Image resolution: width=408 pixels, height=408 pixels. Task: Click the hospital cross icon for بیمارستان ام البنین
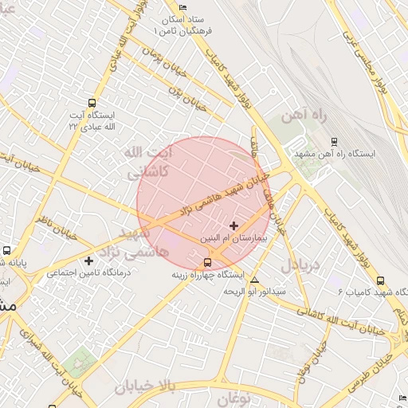coord(233,226)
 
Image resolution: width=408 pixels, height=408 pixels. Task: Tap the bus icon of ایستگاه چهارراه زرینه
coord(208,261)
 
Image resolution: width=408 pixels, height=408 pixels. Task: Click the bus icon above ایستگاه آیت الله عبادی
coord(93,103)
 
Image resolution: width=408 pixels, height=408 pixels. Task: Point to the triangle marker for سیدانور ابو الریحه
coord(254,280)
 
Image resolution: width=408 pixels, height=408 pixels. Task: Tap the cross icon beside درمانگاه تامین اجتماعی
coord(89,261)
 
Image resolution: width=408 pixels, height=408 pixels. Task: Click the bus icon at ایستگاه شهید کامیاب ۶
coord(380,280)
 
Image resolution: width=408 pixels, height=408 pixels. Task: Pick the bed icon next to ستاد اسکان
coord(183,7)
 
